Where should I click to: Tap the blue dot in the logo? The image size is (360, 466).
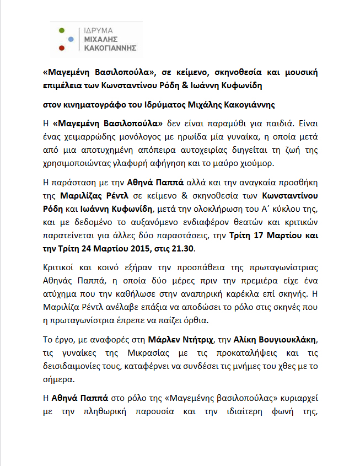click(x=70, y=40)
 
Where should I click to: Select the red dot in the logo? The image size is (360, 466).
click(x=62, y=49)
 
